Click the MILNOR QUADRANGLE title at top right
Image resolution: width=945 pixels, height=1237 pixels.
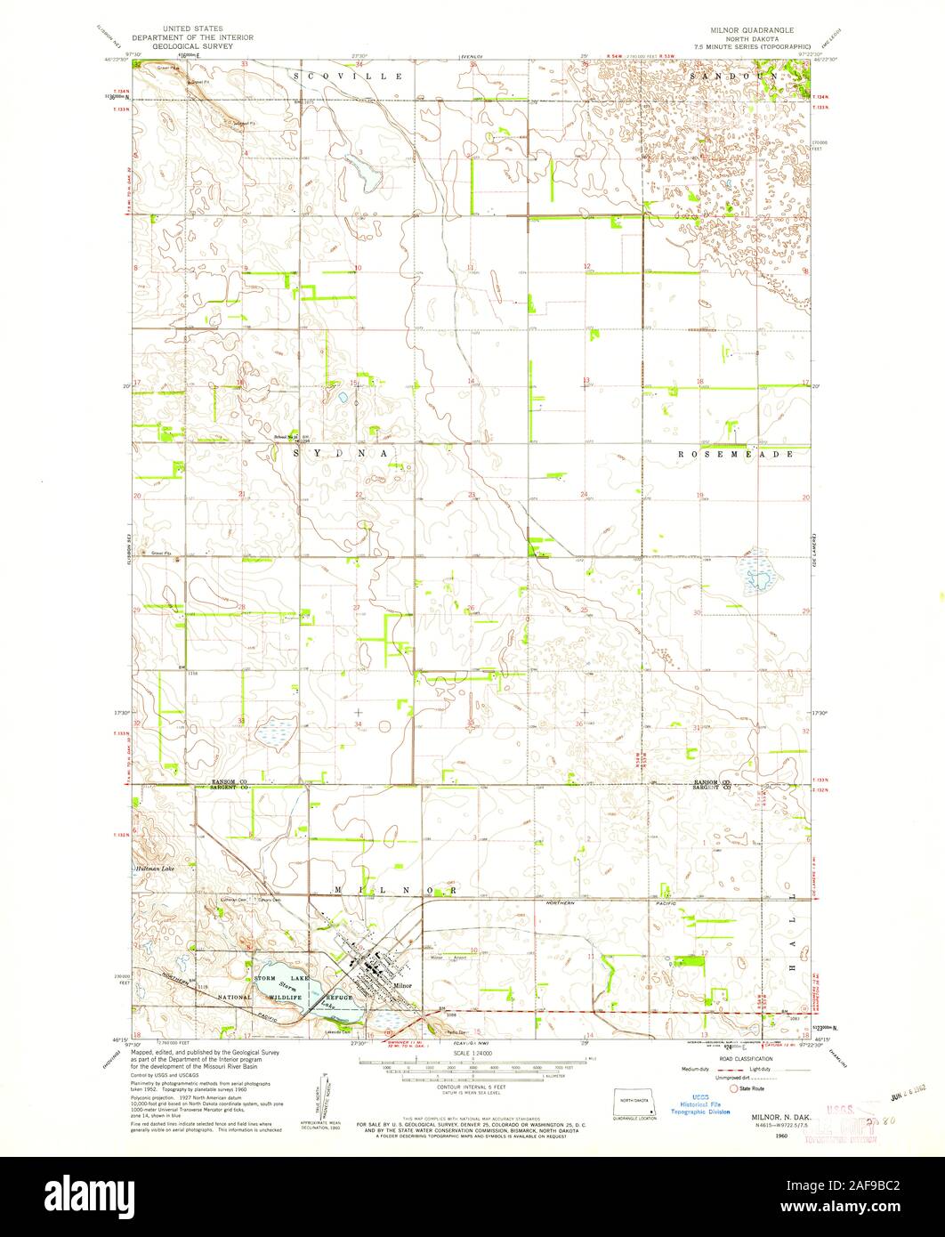pyautogui.click(x=766, y=29)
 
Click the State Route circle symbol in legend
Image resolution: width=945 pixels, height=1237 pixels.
pyautogui.click(x=735, y=1087)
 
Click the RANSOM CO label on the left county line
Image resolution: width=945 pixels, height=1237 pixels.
pyautogui.click(x=228, y=780)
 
